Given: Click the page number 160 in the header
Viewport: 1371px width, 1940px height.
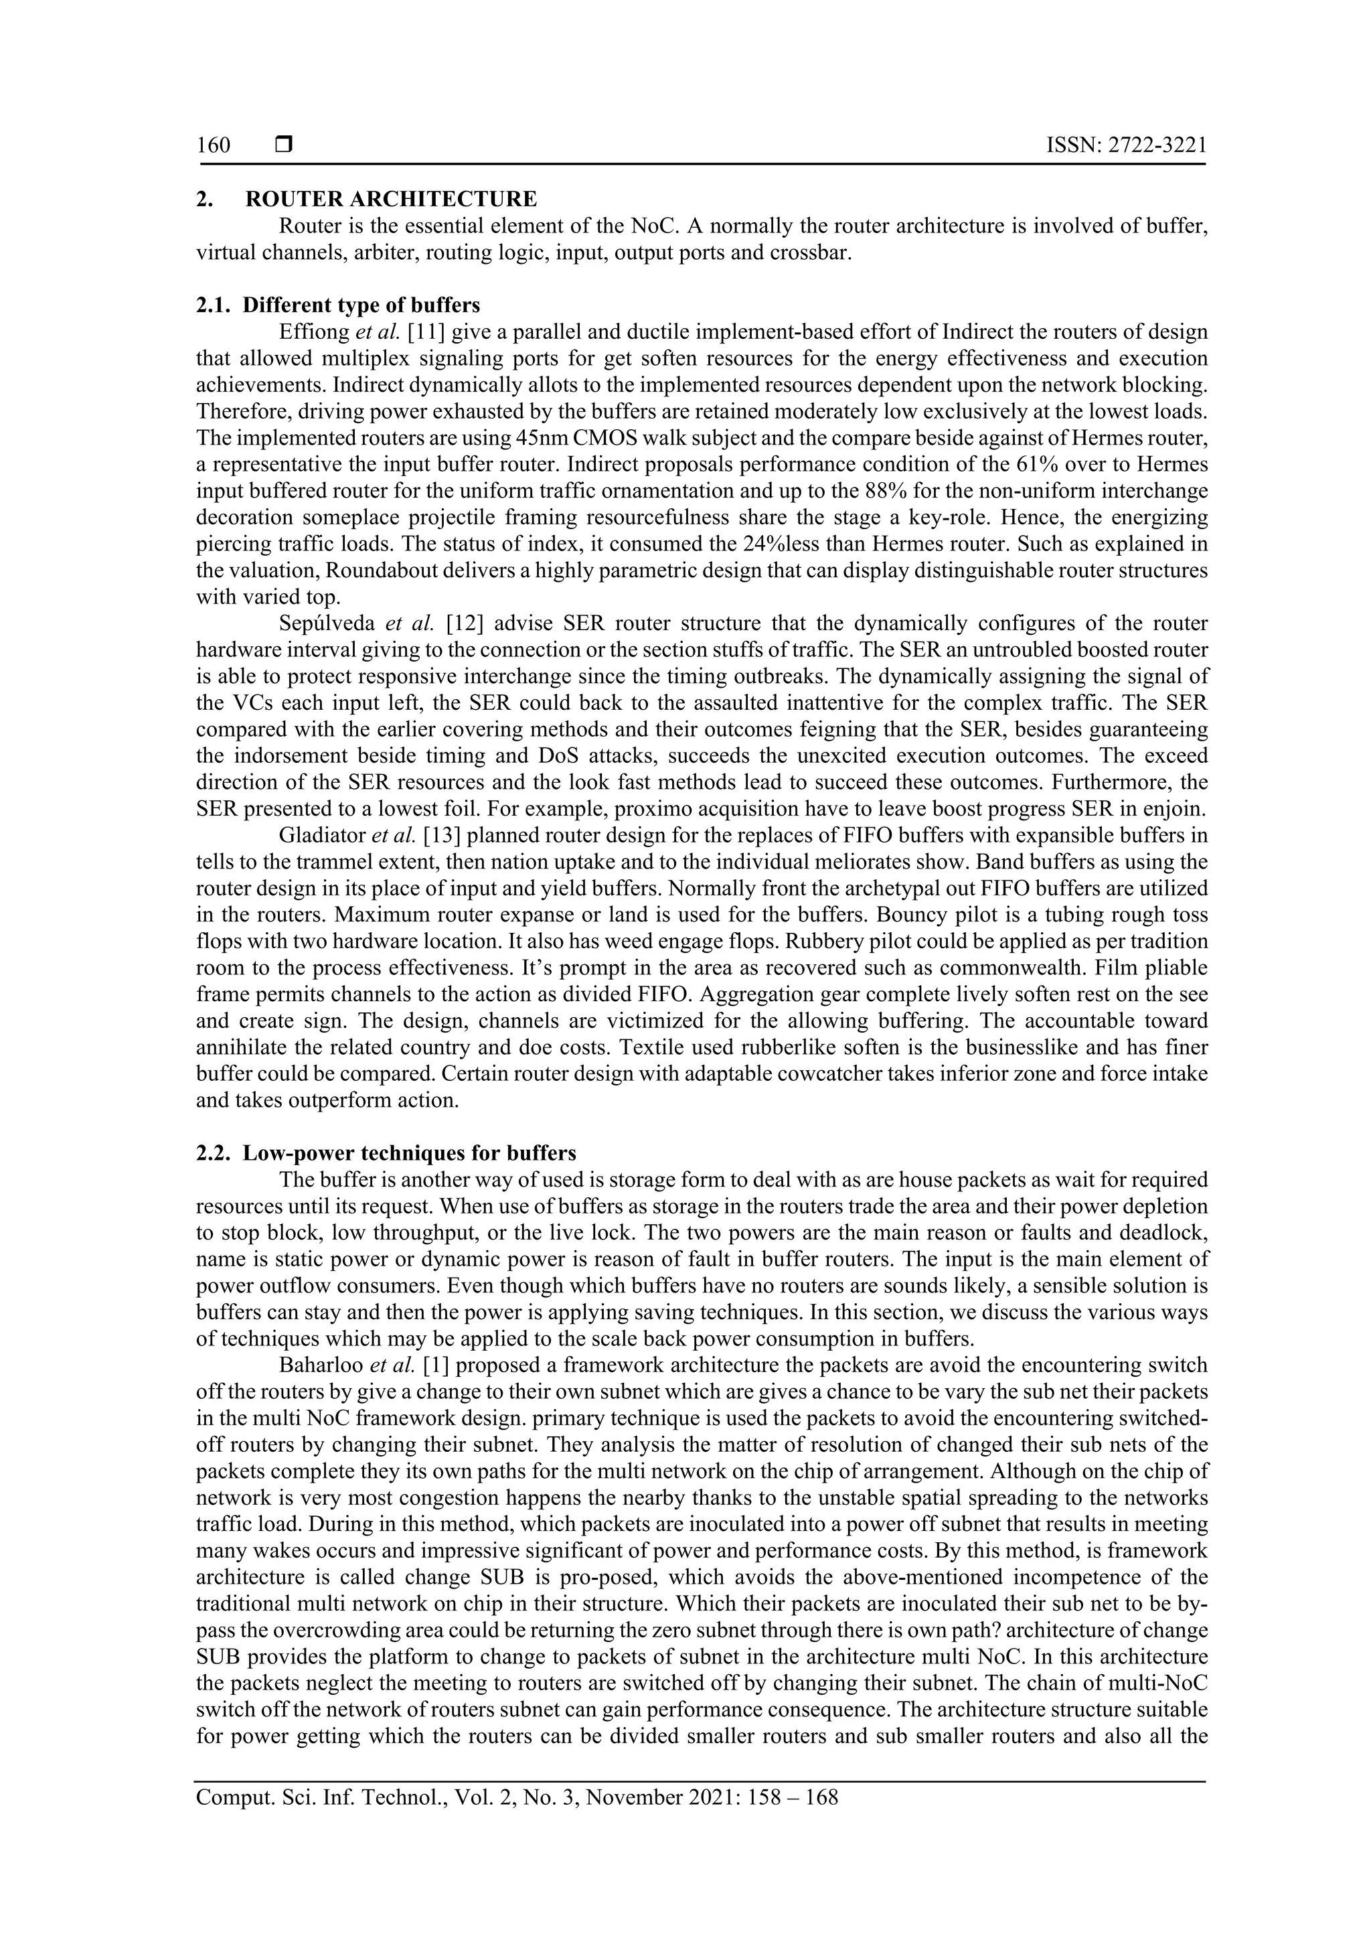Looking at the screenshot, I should [x=213, y=145].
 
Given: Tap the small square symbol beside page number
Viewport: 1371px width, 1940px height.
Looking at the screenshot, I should [x=283, y=145].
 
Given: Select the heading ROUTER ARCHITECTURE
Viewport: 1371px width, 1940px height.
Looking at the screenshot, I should [x=390, y=200].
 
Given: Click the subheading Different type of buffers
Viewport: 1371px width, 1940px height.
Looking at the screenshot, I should [x=361, y=306].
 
